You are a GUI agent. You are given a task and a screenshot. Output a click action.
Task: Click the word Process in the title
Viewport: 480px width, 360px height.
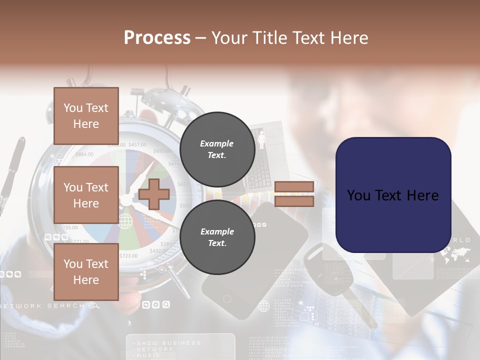pyautogui.click(x=157, y=38)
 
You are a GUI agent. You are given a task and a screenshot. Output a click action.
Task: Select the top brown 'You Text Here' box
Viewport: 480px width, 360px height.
pyautogui.click(x=86, y=116)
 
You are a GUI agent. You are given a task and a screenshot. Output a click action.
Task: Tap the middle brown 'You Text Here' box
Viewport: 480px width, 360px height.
pyautogui.click(x=86, y=195)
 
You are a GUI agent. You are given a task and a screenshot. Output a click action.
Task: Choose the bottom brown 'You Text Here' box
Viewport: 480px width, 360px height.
pyautogui.click(x=86, y=272)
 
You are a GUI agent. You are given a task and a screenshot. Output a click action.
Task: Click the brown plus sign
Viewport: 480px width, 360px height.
pyautogui.click(x=154, y=194)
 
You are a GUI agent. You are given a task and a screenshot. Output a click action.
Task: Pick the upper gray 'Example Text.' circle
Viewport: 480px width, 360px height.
pyautogui.click(x=217, y=149)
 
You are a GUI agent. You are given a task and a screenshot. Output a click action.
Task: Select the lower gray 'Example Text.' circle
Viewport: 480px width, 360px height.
pyautogui.click(x=217, y=237)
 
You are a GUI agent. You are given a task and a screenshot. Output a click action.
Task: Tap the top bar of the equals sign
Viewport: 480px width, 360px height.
pyautogui.click(x=294, y=187)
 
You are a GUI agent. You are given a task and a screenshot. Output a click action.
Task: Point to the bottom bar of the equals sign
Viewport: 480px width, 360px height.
pyautogui.click(x=294, y=201)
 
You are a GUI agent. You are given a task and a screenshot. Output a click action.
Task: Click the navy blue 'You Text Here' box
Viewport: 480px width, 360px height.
pyautogui.click(x=393, y=195)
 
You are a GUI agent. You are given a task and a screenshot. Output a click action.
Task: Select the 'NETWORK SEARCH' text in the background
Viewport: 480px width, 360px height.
pyautogui.click(x=42, y=305)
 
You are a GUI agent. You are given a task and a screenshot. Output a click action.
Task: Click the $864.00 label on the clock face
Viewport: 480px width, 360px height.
pyautogui.click(x=84, y=154)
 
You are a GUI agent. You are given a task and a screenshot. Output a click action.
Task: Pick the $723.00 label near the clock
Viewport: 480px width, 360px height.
pyautogui.click(x=128, y=255)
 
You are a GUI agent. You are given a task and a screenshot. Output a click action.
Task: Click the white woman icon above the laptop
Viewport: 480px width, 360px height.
pyautogui.click(x=261, y=139)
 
